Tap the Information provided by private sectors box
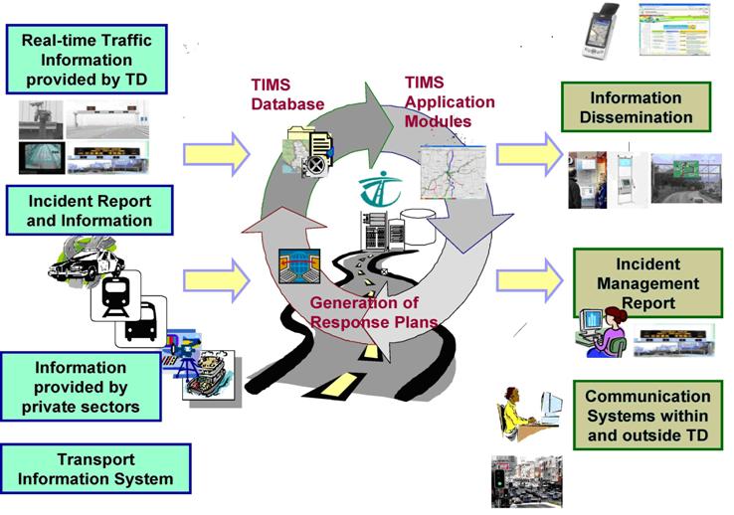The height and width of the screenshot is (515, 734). (x=81, y=388)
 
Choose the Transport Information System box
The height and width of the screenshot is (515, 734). (x=95, y=469)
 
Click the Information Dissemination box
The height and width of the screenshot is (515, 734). (x=636, y=107)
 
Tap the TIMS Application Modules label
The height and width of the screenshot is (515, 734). (x=438, y=100)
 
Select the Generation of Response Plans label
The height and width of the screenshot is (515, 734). (x=363, y=311)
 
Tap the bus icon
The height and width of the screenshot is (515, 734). (x=141, y=322)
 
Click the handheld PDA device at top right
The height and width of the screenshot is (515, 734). (x=601, y=30)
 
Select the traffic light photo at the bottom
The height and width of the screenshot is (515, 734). (x=526, y=481)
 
